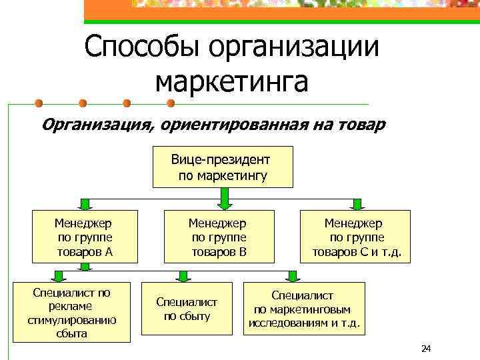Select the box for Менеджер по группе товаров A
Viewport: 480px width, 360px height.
85,237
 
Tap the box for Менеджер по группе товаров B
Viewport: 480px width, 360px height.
219,237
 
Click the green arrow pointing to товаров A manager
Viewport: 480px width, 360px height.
85,203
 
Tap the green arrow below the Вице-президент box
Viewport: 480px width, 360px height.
224,196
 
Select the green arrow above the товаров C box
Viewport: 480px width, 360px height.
357,203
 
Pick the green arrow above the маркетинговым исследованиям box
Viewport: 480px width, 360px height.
291,275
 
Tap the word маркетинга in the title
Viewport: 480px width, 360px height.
231,81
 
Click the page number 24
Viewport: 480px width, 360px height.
427,349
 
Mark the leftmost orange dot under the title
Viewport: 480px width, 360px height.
39,103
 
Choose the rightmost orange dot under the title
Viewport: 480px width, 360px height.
170,103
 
